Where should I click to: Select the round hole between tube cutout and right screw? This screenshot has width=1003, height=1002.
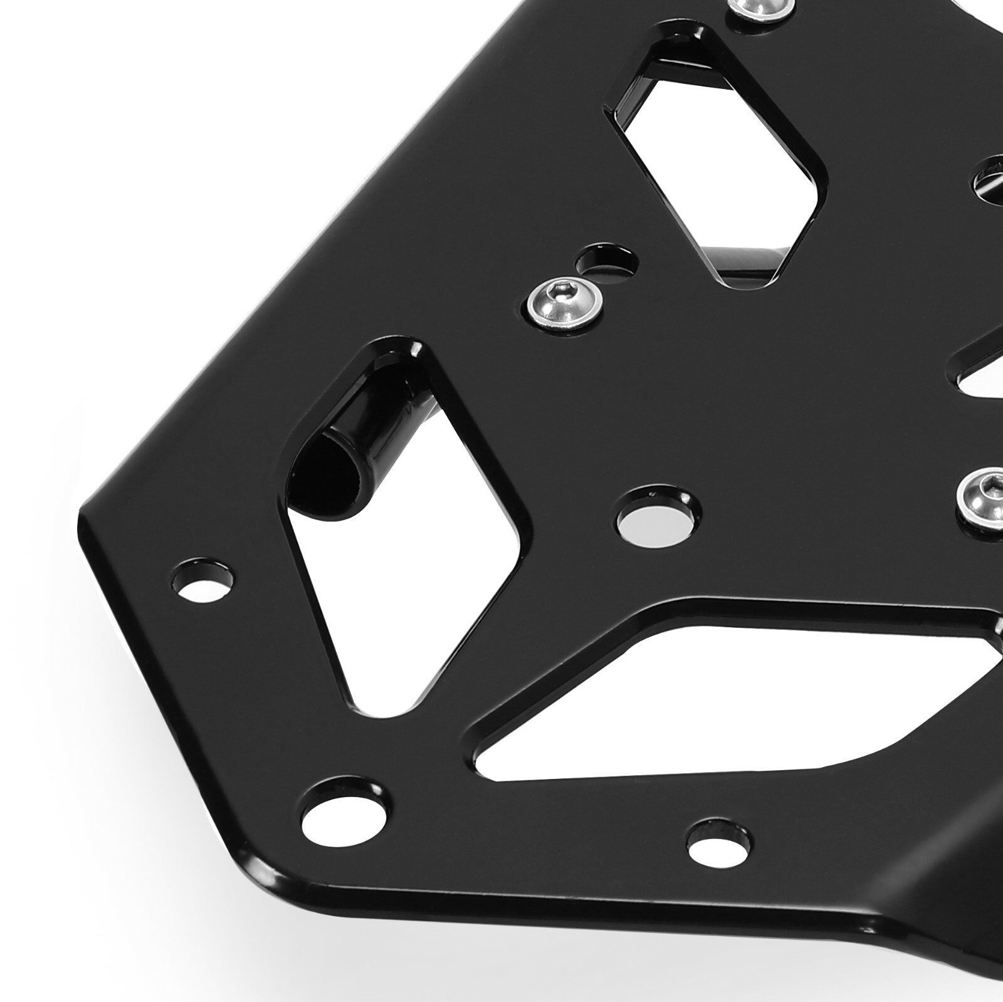(x=655, y=520)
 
